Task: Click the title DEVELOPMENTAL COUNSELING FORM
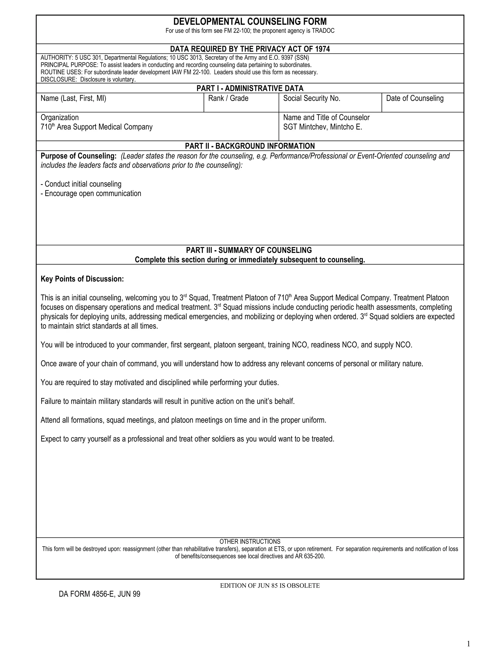click(x=250, y=22)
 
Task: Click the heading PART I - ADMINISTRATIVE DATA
click(x=250, y=89)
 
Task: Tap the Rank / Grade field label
click(x=228, y=99)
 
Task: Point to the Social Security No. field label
click(x=312, y=99)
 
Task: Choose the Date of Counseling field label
click(x=415, y=99)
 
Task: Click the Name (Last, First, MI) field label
click(x=73, y=99)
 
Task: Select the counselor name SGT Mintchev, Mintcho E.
click(x=323, y=127)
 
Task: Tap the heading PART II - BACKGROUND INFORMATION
click(x=250, y=146)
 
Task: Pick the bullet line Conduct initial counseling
click(x=81, y=184)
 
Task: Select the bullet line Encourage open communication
click(x=91, y=193)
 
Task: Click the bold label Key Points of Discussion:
click(x=82, y=279)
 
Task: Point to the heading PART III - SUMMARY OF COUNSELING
click(x=249, y=250)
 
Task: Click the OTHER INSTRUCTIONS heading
click(x=250, y=541)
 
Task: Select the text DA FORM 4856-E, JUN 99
click(x=100, y=594)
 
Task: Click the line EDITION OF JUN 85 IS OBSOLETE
click(x=270, y=585)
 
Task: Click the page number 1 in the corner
click(x=468, y=641)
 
